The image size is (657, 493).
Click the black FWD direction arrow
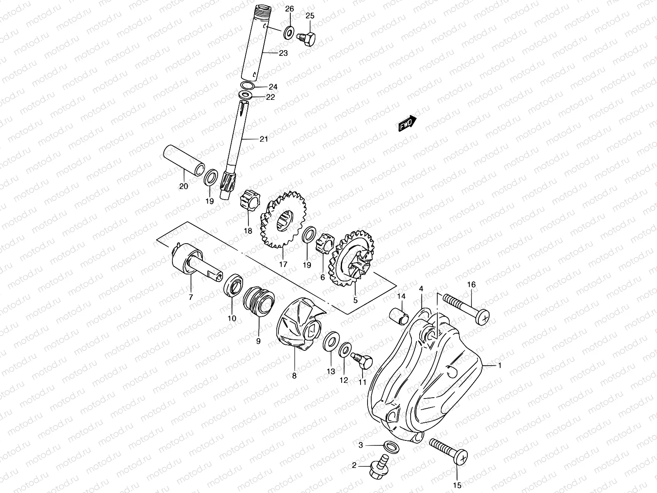pyautogui.click(x=407, y=123)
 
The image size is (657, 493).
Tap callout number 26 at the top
pyautogui.click(x=290, y=9)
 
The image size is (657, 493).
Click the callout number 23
pyautogui.click(x=283, y=53)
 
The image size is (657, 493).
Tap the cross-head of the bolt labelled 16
pyautogui.click(x=484, y=318)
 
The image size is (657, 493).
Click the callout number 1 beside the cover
pyautogui.click(x=500, y=366)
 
